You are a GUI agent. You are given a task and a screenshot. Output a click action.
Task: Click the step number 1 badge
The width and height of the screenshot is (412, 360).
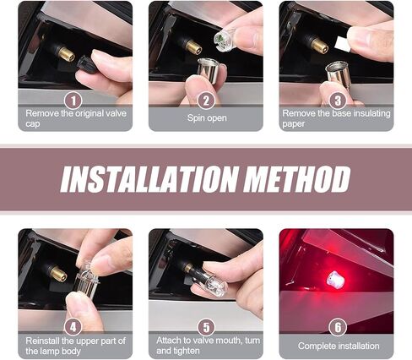point(73,101)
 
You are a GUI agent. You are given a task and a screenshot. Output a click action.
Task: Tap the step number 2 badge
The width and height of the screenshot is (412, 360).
point(206,101)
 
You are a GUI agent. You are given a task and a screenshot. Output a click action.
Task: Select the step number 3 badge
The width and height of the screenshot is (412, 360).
point(338,101)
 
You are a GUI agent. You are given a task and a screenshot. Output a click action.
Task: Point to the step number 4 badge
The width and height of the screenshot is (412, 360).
point(73,327)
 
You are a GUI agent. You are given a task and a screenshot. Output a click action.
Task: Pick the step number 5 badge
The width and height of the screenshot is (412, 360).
point(207,327)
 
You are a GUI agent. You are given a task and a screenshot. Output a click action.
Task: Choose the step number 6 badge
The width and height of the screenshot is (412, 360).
point(338,327)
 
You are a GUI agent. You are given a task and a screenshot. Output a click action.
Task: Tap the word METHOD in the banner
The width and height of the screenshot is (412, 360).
point(297,179)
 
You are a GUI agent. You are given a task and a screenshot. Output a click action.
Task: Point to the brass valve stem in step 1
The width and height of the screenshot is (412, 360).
point(67,53)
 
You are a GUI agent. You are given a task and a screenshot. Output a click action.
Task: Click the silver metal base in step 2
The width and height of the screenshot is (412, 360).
point(209,69)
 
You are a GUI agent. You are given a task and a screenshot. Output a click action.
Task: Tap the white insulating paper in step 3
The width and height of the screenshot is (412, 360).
point(343,44)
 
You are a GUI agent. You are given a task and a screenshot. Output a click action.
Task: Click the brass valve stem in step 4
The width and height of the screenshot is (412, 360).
point(58,274)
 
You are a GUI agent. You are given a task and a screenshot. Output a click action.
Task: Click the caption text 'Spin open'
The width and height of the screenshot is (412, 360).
point(207,117)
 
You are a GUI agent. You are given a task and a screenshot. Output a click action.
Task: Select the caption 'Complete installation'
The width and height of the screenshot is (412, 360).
point(339,346)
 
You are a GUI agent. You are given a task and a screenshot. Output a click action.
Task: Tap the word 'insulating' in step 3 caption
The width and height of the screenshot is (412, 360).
point(371,113)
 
